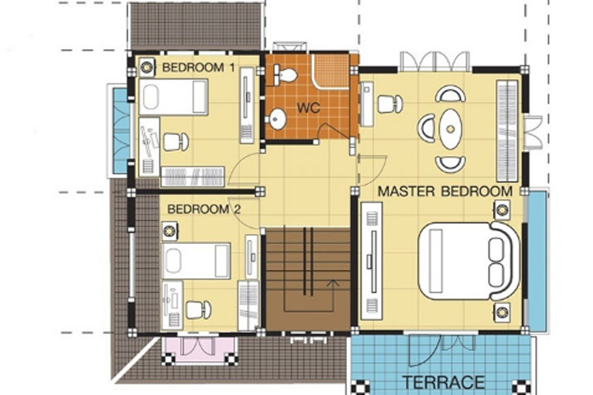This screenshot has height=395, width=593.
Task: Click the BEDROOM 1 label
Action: pos(198,68)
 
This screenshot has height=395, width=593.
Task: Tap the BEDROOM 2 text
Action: pos(203,209)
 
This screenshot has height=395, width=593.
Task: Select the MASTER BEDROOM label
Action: pos(445,191)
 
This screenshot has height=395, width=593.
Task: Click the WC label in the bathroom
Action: pos(308,107)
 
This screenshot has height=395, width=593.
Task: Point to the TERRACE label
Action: pos(444,382)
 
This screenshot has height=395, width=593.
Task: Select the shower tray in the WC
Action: pos(331,71)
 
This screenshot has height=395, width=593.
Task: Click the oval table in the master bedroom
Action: pos(450,129)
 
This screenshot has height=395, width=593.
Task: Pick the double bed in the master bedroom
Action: pos(469,261)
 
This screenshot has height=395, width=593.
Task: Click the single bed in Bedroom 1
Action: pos(174,96)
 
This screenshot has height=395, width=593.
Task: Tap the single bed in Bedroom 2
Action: pos(196,261)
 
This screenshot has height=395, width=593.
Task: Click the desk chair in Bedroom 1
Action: pos(176,141)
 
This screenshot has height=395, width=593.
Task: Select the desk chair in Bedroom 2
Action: pos(198,310)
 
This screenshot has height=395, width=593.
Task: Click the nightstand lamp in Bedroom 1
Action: pos(146,67)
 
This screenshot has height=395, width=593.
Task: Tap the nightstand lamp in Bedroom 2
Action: pos(170,231)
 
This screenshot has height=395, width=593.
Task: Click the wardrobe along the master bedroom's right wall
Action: pos(507,131)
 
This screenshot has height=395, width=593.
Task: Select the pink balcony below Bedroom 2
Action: pos(199,351)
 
